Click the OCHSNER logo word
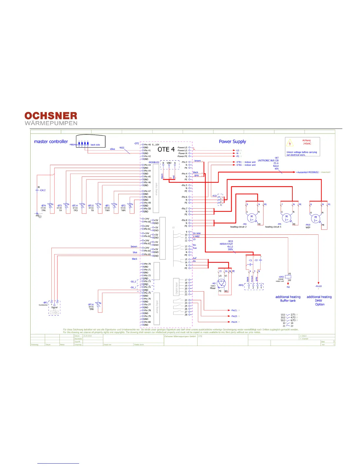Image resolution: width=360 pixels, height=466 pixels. coord(51,116)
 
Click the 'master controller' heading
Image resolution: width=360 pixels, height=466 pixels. coord(51,142)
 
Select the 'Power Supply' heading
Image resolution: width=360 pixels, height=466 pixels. coord(232,142)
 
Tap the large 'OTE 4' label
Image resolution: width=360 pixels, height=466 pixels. coord(166,149)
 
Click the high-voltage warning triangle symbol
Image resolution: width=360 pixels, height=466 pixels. coord(290,143)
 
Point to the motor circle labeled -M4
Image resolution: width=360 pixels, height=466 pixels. coord(251,218)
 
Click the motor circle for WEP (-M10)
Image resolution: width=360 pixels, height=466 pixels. coord(316,219)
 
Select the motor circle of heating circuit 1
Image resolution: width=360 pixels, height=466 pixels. coord(286,218)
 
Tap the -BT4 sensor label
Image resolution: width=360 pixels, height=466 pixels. coord(44,206)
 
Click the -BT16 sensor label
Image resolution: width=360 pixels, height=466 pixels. coord(91,305)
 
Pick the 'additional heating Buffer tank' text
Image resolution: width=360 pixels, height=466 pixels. coord(288,299)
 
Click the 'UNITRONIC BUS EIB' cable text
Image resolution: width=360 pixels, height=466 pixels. coord(268,161)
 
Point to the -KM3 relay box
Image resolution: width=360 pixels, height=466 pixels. coord(288,277)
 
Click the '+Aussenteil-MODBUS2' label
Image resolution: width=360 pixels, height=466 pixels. coord(307,172)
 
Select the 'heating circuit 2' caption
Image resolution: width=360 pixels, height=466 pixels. coord(238,227)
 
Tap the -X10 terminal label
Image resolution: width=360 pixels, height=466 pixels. coord(214,196)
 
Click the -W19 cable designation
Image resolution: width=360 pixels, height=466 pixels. coord(230,241)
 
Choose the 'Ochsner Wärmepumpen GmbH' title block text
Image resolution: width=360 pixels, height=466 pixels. coord(180,336)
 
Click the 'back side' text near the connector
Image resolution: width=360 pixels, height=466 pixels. coord(95,145)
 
